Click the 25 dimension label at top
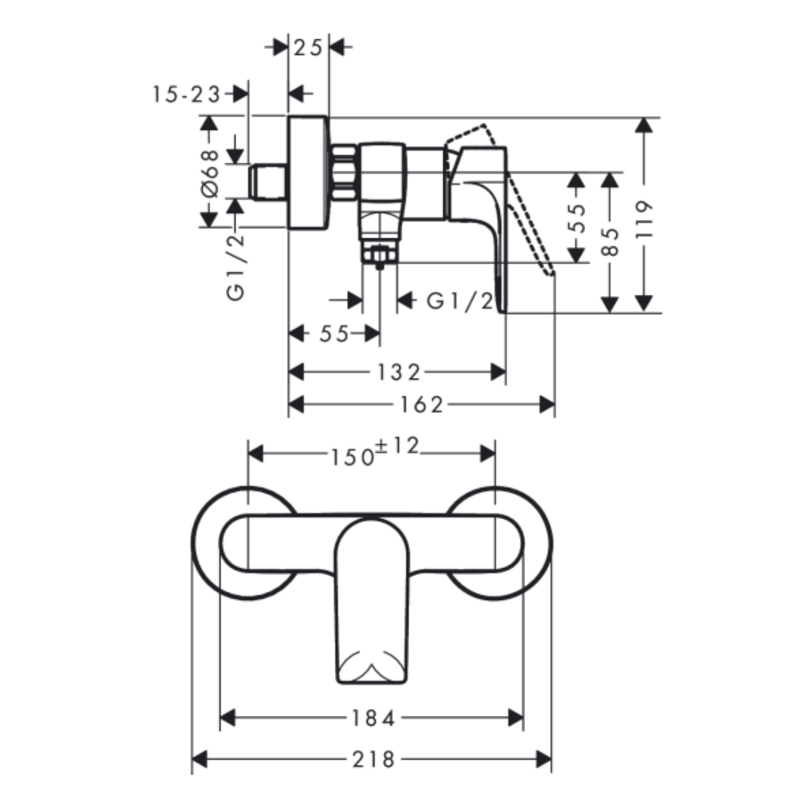pyautogui.click(x=308, y=48)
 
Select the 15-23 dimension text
pyautogui.click(x=186, y=94)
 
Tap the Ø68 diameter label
pyautogui.click(x=209, y=173)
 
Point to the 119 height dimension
pyautogui.click(x=645, y=219)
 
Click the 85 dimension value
pyautogui.click(x=610, y=241)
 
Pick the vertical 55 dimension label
pyautogui.click(x=576, y=218)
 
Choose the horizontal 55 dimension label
pyautogui.click(x=334, y=334)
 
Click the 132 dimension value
pyautogui.click(x=399, y=372)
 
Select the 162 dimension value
pyautogui.click(x=422, y=405)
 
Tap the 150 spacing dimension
pyautogui.click(x=353, y=457)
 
